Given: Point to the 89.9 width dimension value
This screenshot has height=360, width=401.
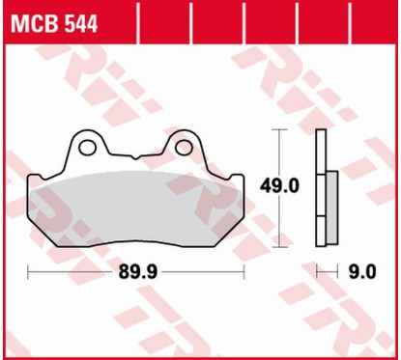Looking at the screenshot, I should pos(139,272).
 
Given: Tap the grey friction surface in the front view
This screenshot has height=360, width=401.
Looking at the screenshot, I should pos(135,208).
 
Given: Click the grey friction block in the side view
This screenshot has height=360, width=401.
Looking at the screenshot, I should pos(329,208).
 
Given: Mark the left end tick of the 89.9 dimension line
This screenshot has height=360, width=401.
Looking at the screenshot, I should pos(29,272).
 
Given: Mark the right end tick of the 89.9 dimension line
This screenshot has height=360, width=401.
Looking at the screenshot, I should pos(244,272).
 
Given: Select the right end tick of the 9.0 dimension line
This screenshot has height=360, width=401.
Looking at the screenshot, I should pos(337,272).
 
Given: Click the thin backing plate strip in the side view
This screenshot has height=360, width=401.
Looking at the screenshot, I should pos(320,183).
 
